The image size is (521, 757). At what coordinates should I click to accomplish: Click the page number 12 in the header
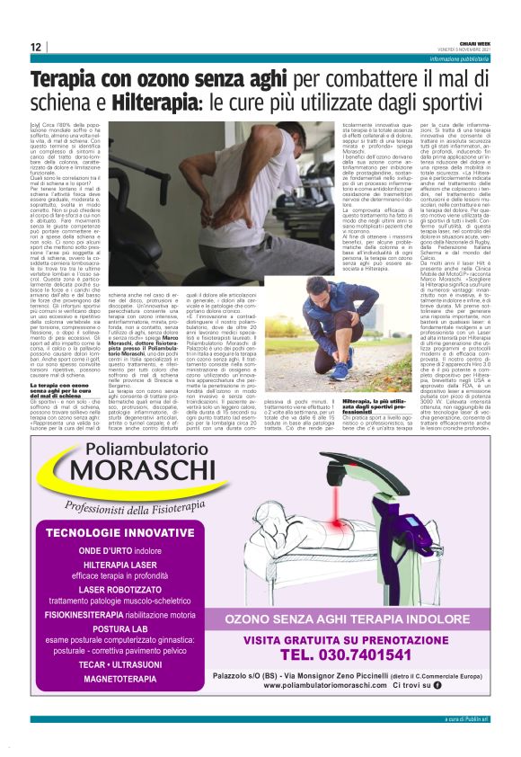click(35, 47)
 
